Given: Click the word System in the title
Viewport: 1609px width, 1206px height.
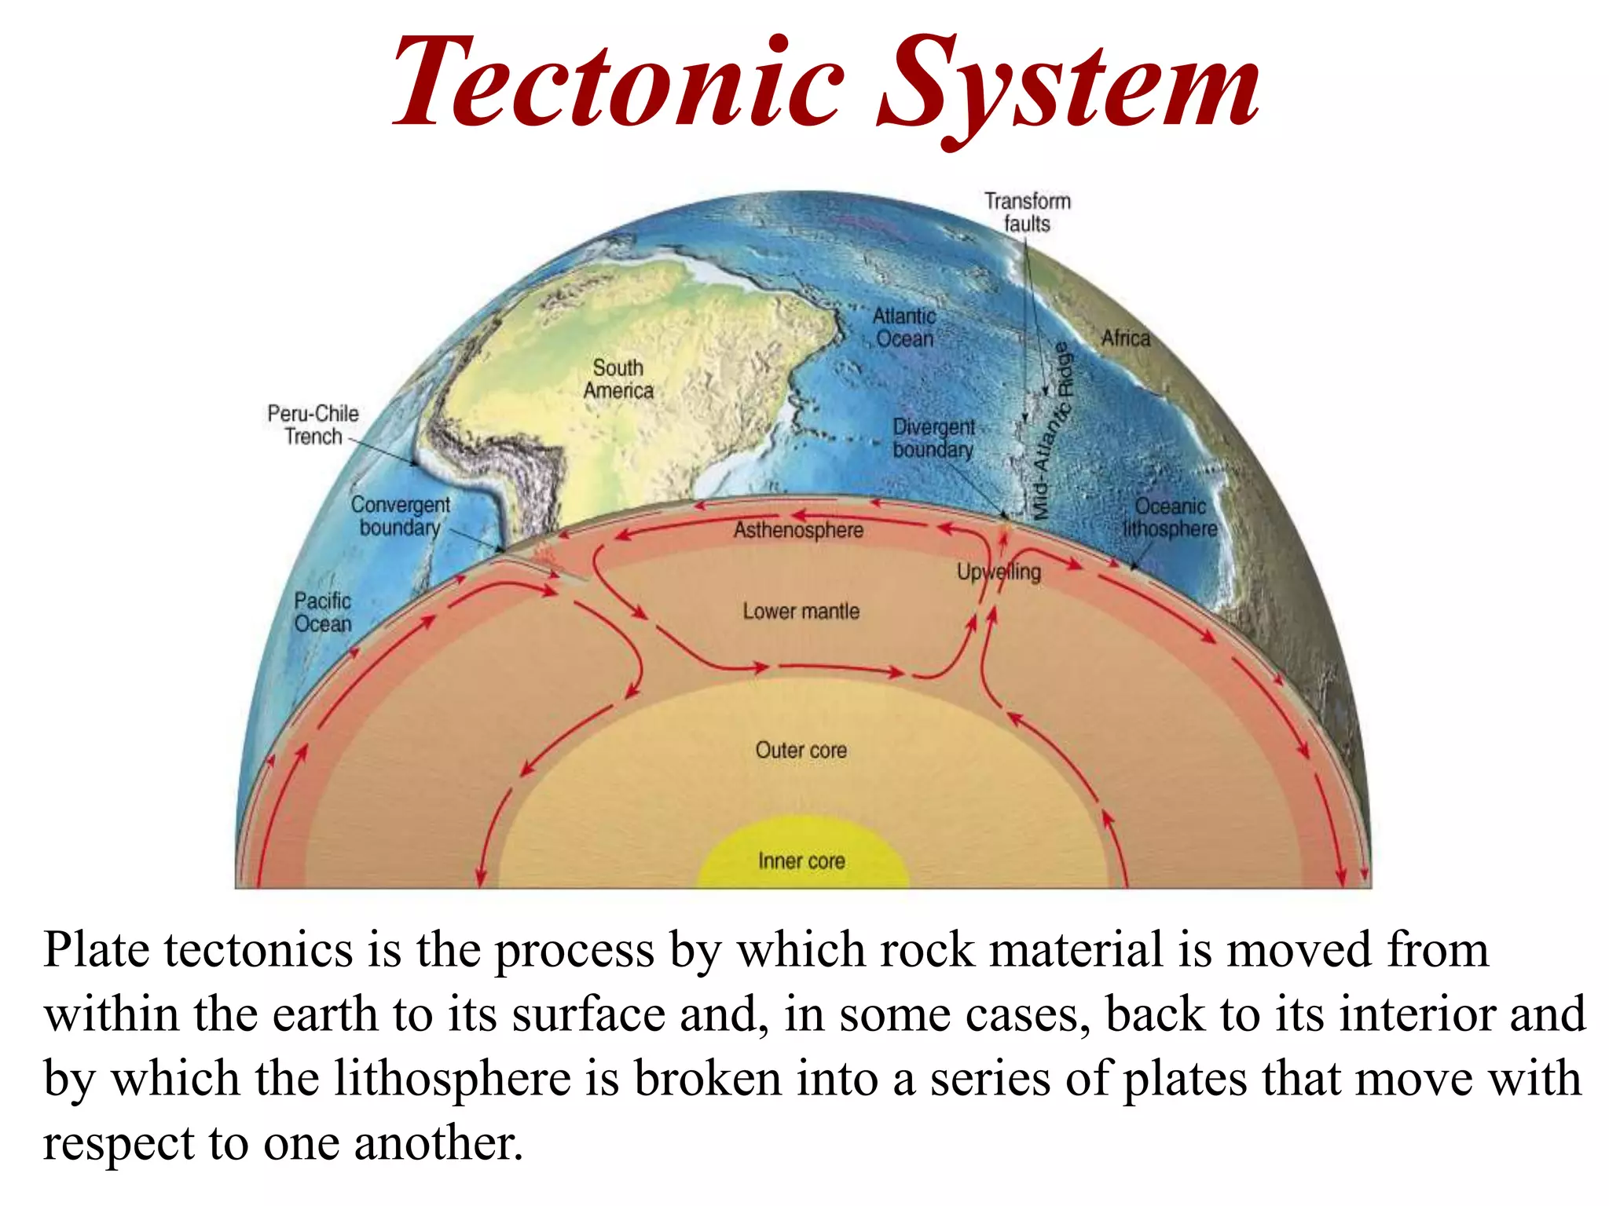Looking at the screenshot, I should pyautogui.click(x=1068, y=86).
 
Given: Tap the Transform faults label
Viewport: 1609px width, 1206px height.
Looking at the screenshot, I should pyautogui.click(x=1028, y=213).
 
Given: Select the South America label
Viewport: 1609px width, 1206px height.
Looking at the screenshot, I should pyautogui.click(x=618, y=379).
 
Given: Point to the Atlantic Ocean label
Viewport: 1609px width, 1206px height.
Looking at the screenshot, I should pyautogui.click(x=904, y=327).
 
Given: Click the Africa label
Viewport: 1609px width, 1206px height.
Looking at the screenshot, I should pyautogui.click(x=1125, y=338).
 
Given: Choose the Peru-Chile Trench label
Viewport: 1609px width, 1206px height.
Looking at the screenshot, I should pyautogui.click(x=313, y=425).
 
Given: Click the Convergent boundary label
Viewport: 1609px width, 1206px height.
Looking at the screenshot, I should pyautogui.click(x=400, y=516).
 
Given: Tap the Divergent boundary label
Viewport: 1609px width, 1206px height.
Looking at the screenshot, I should pyautogui.click(x=933, y=438).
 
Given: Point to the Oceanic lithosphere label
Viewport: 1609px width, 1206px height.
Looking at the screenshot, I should pyautogui.click(x=1170, y=517).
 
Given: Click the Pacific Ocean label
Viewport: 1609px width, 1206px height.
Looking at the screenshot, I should pyautogui.click(x=322, y=612).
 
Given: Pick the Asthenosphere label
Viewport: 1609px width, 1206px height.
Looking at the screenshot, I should pyautogui.click(x=798, y=531).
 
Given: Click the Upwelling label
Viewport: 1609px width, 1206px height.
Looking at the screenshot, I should pyautogui.click(x=999, y=572).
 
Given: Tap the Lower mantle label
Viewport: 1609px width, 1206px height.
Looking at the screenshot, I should pyautogui.click(x=801, y=612).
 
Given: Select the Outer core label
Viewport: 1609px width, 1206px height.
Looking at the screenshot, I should pyautogui.click(x=801, y=751).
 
